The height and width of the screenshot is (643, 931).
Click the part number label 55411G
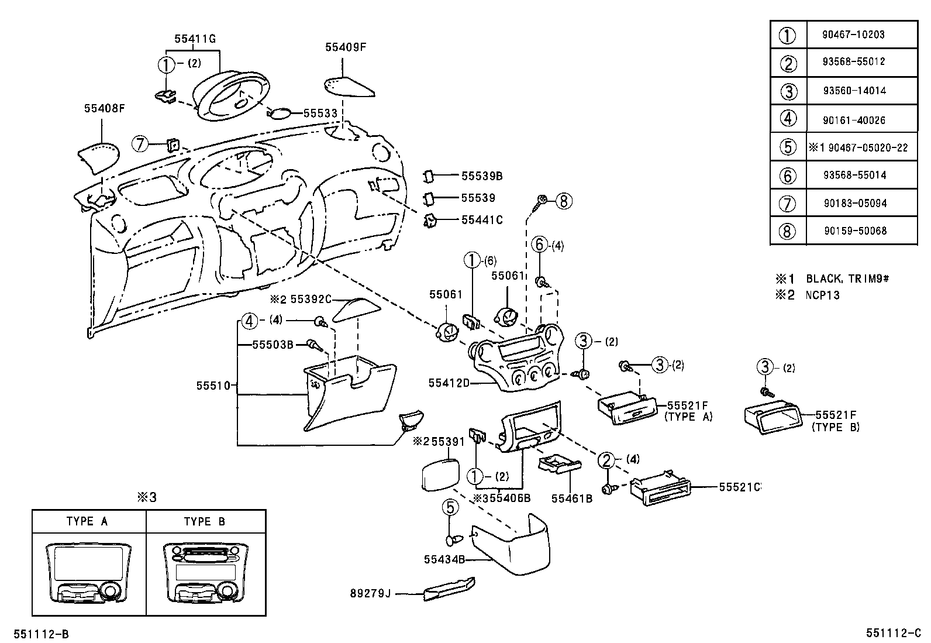(195, 39)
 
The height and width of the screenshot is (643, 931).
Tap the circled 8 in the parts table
(788, 231)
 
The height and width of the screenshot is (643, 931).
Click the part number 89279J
(370, 594)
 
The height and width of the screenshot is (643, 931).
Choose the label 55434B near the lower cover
(444, 559)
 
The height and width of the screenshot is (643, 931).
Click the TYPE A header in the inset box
(87, 521)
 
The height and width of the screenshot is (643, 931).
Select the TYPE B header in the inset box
(204, 521)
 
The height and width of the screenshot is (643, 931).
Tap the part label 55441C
(482, 220)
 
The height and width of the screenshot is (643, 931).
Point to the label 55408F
(105, 108)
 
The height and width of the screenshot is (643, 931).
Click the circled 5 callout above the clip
(450, 507)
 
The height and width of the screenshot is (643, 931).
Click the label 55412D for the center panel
(449, 383)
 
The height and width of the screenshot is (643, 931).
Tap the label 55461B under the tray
(572, 498)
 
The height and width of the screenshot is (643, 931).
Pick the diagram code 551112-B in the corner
(42, 634)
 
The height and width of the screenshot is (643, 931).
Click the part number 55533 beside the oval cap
(320, 114)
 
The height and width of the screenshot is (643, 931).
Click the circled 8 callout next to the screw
(563, 201)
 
